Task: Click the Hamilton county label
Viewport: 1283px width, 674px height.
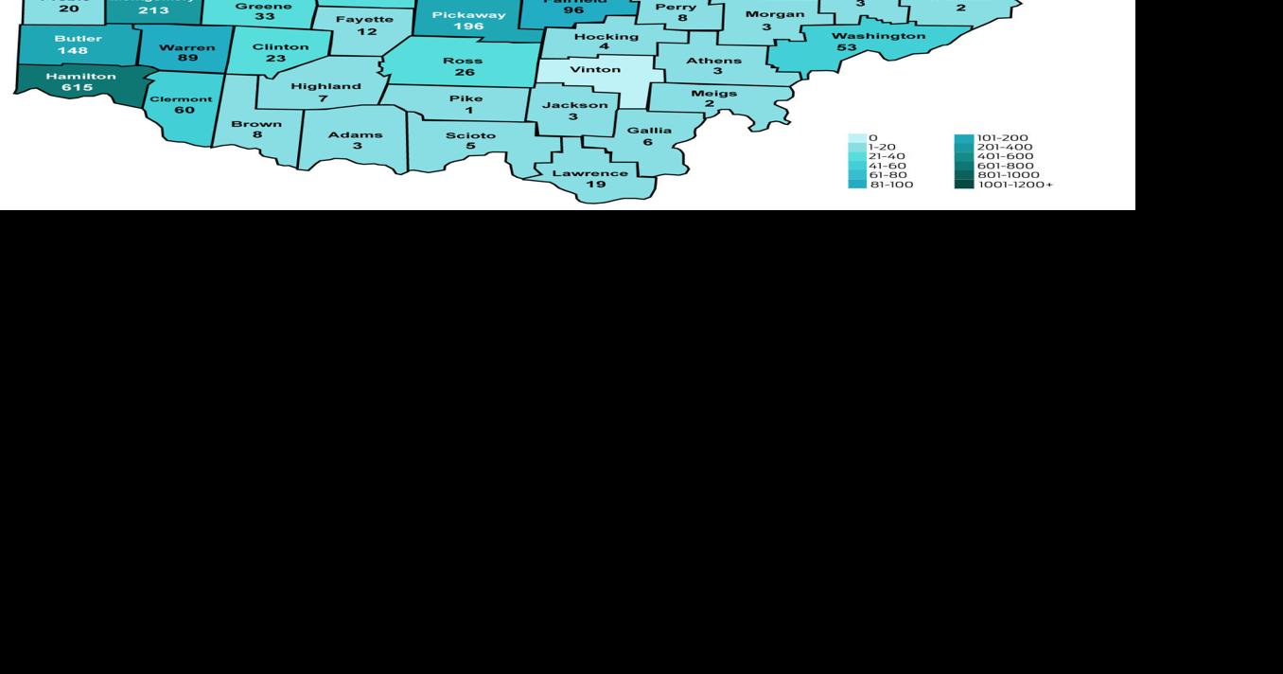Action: coord(80,76)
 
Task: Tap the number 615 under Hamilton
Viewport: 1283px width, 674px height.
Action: coord(78,88)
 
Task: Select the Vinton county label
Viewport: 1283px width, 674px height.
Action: coord(595,69)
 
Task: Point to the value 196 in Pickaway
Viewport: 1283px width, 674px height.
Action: coord(468,27)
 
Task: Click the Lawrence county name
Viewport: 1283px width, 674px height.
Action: coord(589,173)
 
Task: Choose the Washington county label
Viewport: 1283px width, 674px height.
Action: coord(878,36)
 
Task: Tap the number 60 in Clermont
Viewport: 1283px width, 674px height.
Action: coord(184,110)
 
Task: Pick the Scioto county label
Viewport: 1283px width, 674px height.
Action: coord(470,135)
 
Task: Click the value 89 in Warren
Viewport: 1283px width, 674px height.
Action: coord(187,59)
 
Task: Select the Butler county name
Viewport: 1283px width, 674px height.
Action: coord(78,39)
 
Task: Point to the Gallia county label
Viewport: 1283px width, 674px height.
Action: coord(649,131)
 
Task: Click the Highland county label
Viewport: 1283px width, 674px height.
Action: coord(325,86)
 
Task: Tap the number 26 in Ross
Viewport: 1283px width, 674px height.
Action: coord(464,72)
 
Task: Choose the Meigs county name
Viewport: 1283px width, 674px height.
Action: coord(713,93)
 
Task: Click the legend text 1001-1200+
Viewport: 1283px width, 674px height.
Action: coord(1015,185)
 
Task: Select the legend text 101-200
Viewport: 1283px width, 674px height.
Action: coord(1002,138)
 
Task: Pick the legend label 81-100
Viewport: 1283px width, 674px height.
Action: coord(891,185)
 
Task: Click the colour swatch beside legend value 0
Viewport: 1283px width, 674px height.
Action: coord(855,138)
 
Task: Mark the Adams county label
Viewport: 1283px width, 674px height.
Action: coord(355,134)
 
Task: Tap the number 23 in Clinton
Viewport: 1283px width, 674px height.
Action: coord(275,59)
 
